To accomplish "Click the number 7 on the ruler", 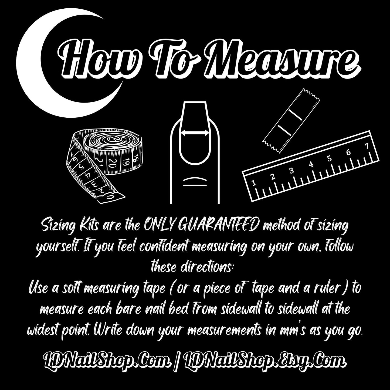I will pyautogui.click(x=367, y=147).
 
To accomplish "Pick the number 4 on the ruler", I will pyautogui.click(x=311, y=164).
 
